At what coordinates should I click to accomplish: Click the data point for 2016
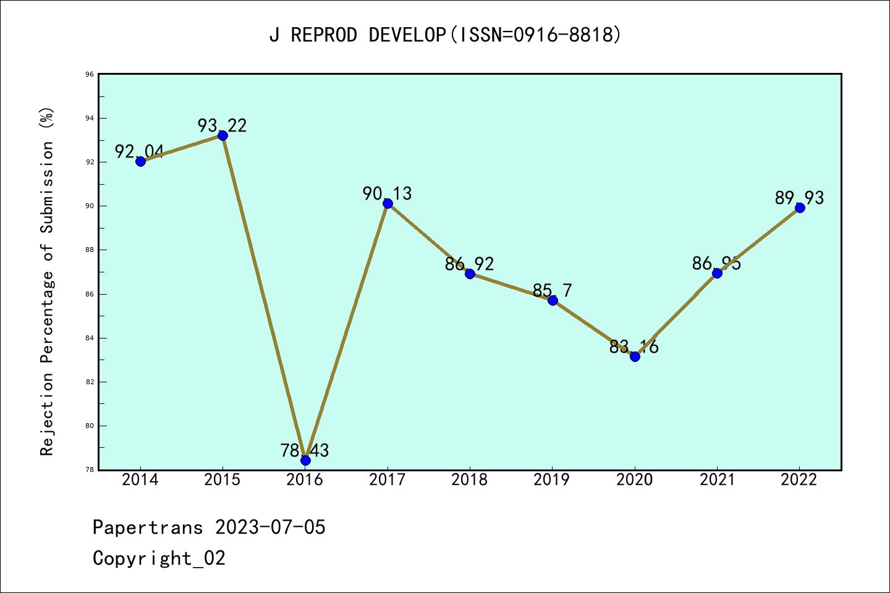[305, 460]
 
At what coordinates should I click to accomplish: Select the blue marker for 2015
[222, 135]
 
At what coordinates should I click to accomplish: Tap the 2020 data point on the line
[635, 356]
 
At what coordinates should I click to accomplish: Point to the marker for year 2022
[800, 208]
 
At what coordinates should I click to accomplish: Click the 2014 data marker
[140, 161]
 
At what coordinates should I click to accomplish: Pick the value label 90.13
[387, 193]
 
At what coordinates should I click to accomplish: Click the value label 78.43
[305, 450]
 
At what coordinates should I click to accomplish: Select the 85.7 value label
[552, 290]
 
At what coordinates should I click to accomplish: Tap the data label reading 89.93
[799, 198]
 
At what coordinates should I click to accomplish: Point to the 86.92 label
[470, 264]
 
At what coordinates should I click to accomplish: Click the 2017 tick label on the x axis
[388, 480]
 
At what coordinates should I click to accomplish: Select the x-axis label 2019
[552, 480]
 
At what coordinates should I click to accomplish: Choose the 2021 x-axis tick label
[717, 480]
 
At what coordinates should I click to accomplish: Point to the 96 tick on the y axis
[90, 74]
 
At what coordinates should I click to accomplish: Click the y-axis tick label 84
[90, 338]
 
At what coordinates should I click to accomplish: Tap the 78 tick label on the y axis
[90, 470]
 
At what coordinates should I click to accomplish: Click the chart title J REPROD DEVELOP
[445, 35]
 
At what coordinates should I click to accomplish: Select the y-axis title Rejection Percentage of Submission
[48, 281]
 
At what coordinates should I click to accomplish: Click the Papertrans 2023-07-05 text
[209, 528]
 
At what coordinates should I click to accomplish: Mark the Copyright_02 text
[159, 558]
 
